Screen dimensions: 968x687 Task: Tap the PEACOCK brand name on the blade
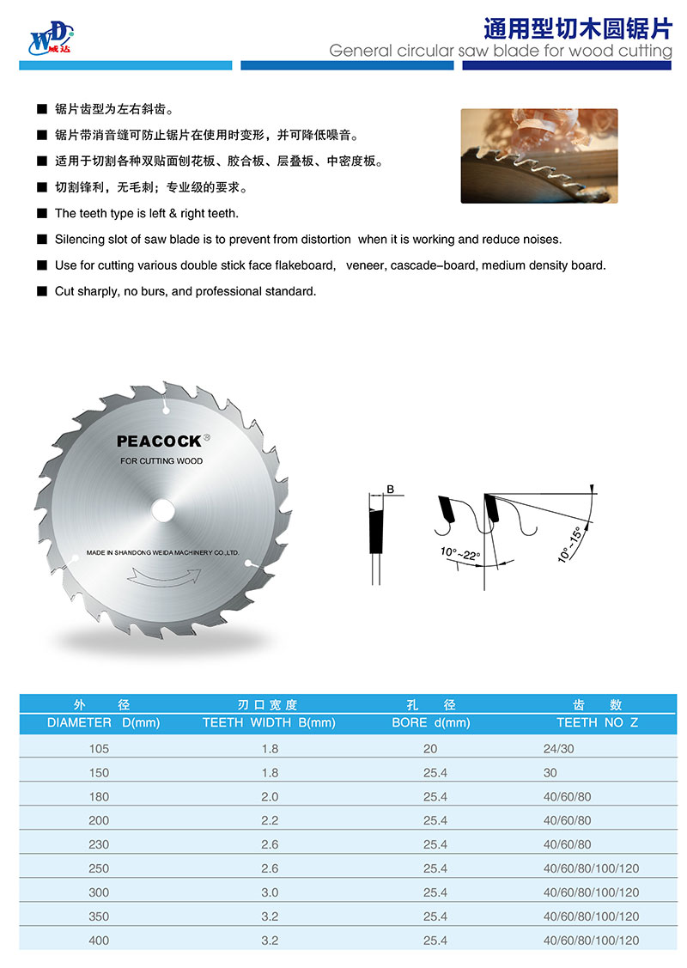click(x=159, y=441)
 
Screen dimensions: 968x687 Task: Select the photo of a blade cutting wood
click(x=539, y=155)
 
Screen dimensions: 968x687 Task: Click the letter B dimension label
click(x=390, y=489)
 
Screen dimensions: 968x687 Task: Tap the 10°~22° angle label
click(x=460, y=552)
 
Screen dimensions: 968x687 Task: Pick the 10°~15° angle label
click(x=568, y=542)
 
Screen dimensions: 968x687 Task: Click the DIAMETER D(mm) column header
click(x=104, y=722)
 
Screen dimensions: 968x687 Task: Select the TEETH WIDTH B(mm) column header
click(x=269, y=722)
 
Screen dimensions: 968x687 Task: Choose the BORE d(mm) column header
click(x=431, y=722)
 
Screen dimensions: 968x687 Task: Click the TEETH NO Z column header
click(x=598, y=722)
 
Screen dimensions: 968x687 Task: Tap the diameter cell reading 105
click(x=99, y=748)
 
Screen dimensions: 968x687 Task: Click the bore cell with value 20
click(x=430, y=748)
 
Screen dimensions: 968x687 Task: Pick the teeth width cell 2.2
click(x=270, y=820)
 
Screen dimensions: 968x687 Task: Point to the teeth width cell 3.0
click(x=270, y=892)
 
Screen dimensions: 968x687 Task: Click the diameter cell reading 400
click(x=99, y=941)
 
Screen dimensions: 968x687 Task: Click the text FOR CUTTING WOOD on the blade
click(x=161, y=461)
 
